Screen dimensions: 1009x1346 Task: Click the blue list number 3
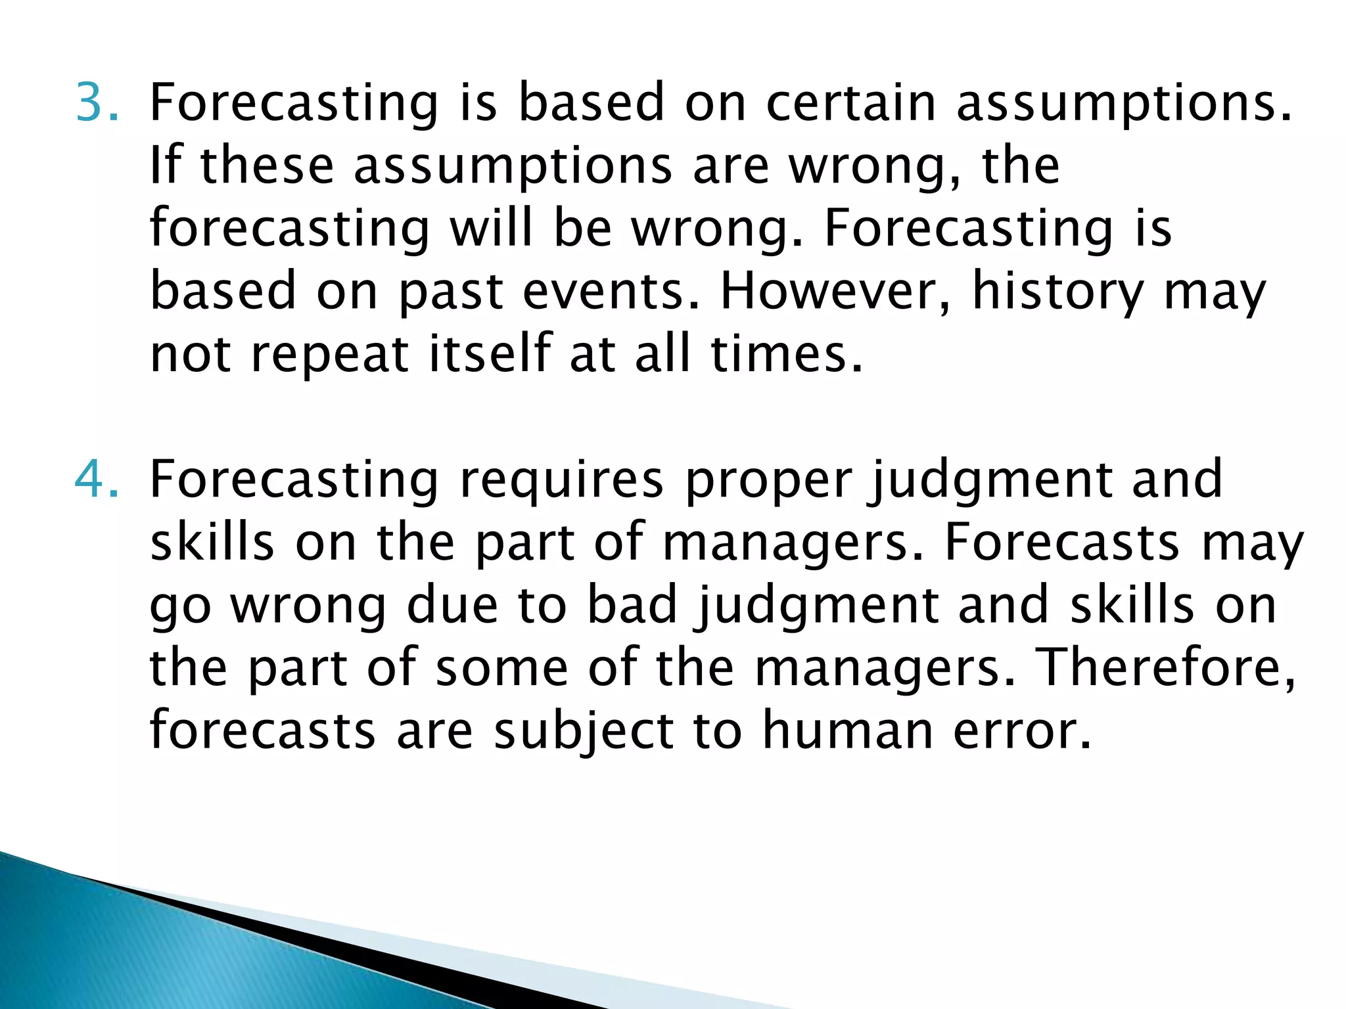[97, 102]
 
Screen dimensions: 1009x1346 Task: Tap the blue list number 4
[97, 480]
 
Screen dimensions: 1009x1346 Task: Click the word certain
[850, 102]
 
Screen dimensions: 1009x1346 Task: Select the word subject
[584, 730]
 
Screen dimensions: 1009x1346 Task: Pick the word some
[502, 667]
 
